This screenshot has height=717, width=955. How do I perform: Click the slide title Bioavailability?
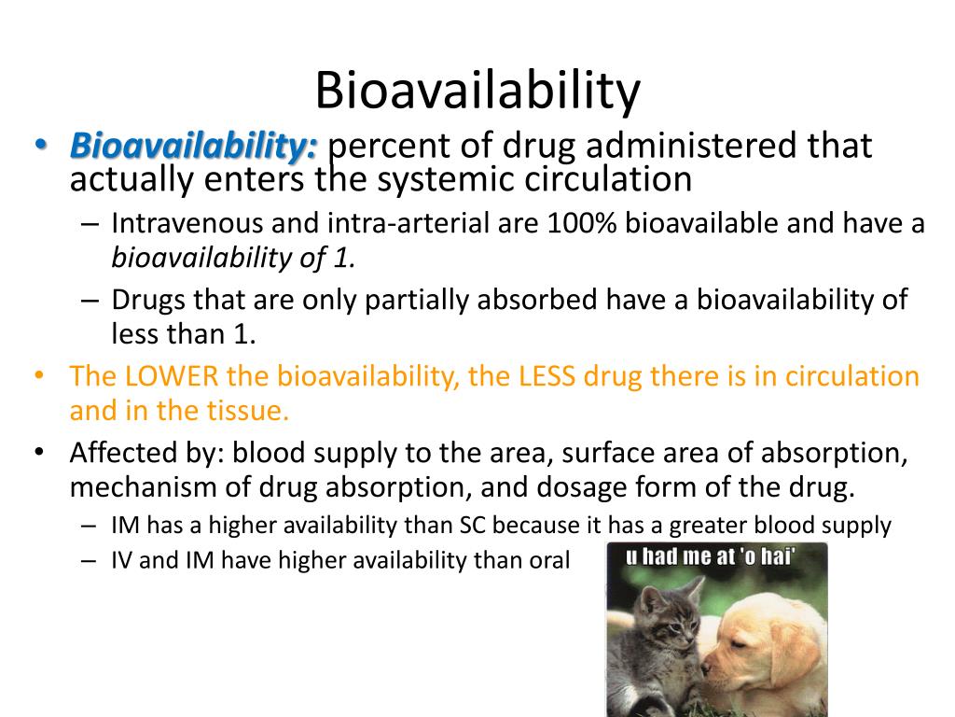tap(477, 91)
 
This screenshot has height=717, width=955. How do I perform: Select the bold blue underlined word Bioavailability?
tap(195, 147)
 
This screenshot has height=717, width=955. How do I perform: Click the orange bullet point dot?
tap(38, 377)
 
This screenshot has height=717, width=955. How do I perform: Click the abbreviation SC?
tap(472, 526)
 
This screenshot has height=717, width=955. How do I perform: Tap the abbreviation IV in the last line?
tap(122, 560)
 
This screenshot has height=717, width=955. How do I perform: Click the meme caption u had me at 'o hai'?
tap(712, 559)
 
